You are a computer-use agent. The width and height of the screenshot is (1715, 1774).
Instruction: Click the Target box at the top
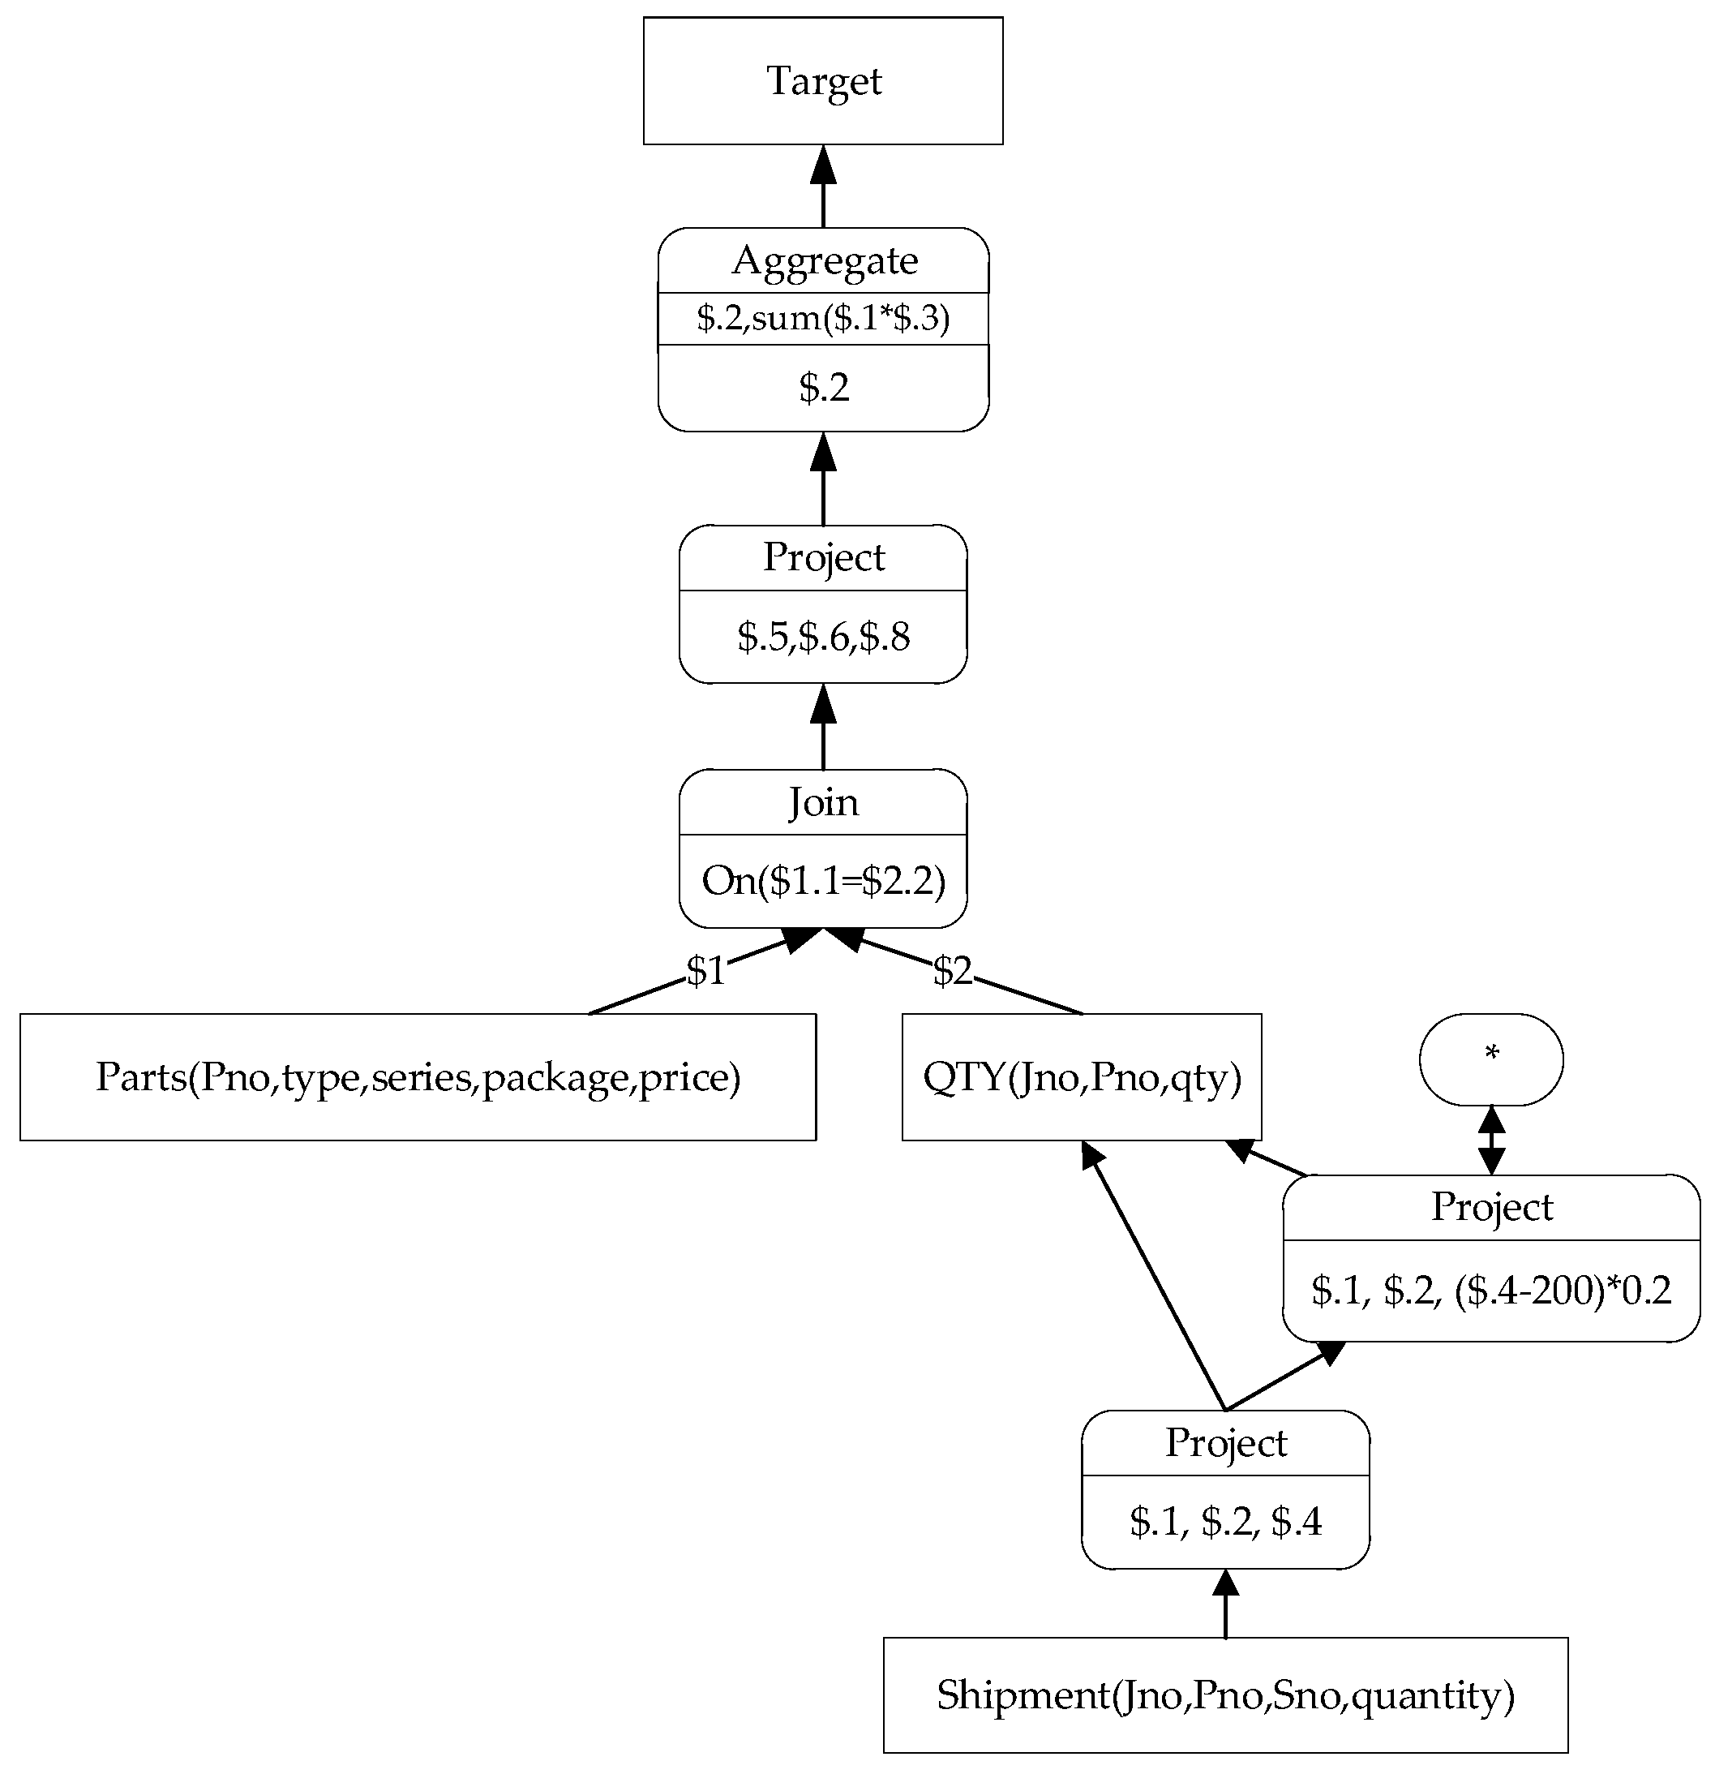(x=823, y=80)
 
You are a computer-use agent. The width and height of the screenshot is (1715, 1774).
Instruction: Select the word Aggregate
(x=825, y=260)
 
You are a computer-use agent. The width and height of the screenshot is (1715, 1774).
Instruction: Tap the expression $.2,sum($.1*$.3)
(x=823, y=318)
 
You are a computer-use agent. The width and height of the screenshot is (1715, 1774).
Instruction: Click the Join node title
(x=823, y=802)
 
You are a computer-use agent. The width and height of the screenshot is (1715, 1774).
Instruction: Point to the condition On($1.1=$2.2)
(x=823, y=880)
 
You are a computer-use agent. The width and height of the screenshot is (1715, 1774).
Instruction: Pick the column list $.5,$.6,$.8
(x=823, y=636)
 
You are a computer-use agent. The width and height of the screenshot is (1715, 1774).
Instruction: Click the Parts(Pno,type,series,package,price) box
(x=418, y=1076)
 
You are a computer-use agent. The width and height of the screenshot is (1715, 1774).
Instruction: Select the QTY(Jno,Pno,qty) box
(x=1082, y=1076)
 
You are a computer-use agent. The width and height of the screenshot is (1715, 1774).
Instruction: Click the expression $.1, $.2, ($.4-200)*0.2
(x=1490, y=1290)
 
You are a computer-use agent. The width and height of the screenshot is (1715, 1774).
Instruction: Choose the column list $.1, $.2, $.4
(x=1224, y=1522)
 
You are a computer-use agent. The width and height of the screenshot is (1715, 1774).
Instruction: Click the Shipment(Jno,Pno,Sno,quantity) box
(x=1224, y=1695)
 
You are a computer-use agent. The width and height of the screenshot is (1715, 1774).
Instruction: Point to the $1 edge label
(x=705, y=970)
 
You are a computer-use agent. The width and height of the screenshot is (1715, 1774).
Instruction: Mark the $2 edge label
(x=952, y=970)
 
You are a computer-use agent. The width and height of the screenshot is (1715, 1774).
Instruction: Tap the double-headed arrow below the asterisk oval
(x=1490, y=1140)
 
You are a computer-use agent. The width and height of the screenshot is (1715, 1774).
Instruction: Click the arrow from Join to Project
(x=823, y=728)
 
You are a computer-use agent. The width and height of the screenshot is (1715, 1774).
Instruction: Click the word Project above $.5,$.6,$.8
(x=823, y=556)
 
